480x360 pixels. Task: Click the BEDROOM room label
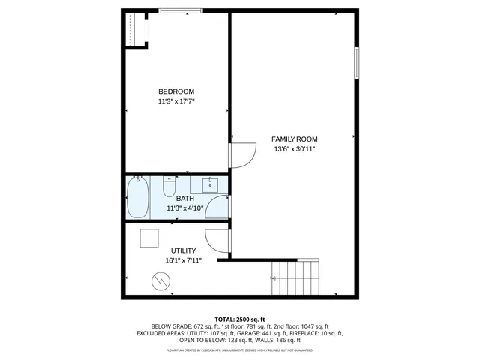click(x=176, y=91)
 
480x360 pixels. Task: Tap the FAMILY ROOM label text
click(x=294, y=139)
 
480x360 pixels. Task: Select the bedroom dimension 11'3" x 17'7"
click(x=176, y=101)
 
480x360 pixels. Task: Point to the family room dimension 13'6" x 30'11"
click(x=294, y=149)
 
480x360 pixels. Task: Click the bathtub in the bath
click(x=136, y=196)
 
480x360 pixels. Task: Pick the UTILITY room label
click(x=183, y=250)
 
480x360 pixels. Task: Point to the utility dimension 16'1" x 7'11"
click(x=183, y=260)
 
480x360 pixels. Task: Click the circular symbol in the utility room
click(x=160, y=281)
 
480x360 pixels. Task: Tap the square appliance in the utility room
click(x=149, y=237)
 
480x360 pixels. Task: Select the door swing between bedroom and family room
click(x=241, y=154)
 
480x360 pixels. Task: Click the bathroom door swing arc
click(x=217, y=206)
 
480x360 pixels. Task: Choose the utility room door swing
click(x=218, y=239)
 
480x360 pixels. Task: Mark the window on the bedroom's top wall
click(x=180, y=10)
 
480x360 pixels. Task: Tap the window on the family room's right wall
click(x=356, y=63)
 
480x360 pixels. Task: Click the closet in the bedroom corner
click(x=135, y=30)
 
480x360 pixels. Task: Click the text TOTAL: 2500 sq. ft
click(x=240, y=319)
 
